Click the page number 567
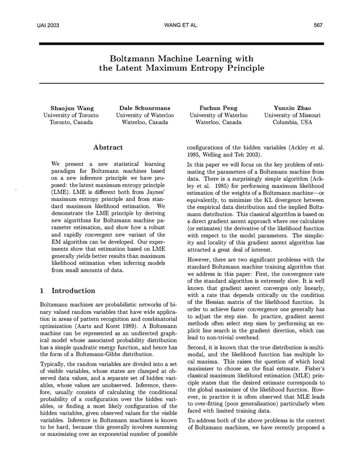(318, 25)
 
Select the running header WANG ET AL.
(180, 25)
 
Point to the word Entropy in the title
(206, 68)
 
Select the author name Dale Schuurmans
(145, 108)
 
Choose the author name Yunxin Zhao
(292, 108)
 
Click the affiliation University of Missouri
(292, 115)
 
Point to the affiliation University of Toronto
(71, 115)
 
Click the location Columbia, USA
(292, 122)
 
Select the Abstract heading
(108, 147)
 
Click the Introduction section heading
(73, 291)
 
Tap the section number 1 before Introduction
(41, 291)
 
